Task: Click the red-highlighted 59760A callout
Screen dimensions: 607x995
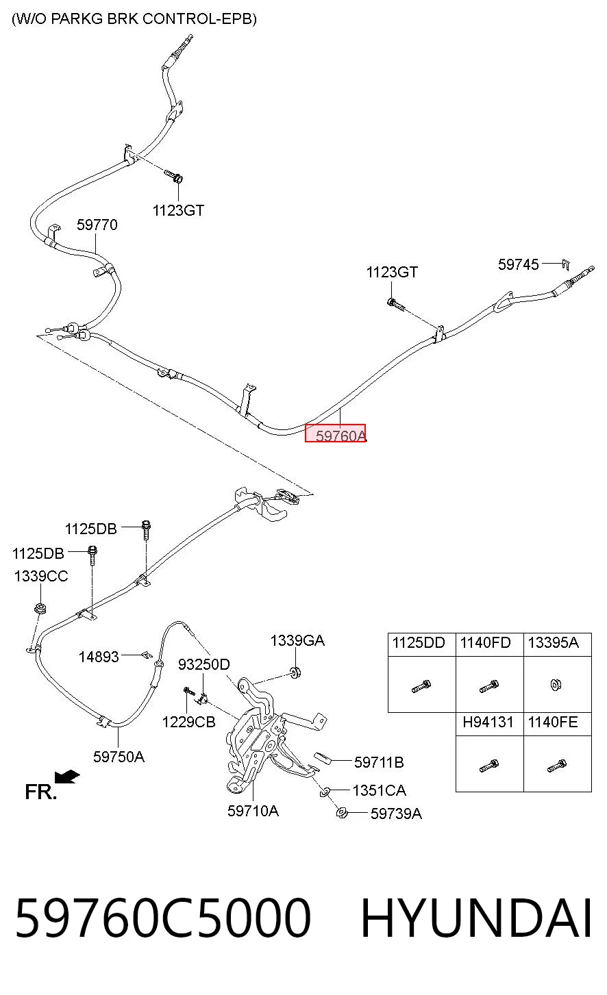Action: [x=336, y=433]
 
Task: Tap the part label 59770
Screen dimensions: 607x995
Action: [x=97, y=225]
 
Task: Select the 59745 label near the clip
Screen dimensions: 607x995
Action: [x=518, y=265]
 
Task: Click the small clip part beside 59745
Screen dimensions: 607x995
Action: [x=566, y=264]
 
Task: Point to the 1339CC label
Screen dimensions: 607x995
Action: [x=41, y=576]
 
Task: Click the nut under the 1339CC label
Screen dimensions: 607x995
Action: [x=41, y=608]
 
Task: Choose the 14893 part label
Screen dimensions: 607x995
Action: [x=99, y=657]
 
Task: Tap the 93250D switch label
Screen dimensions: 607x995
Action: [x=204, y=664]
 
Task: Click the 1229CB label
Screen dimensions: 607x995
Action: [x=188, y=722]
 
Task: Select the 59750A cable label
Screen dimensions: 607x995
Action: [x=119, y=757]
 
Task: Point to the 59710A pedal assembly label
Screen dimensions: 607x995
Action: [x=253, y=811]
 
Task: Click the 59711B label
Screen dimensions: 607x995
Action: [x=379, y=762]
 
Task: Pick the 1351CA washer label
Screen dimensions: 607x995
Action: [x=379, y=790]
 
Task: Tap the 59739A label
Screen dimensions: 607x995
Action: [x=396, y=814]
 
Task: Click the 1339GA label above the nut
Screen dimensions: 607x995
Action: [x=297, y=640]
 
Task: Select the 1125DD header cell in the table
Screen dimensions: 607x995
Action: [x=419, y=643]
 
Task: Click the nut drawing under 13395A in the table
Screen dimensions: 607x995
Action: [x=556, y=685]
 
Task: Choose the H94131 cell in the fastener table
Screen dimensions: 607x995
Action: [x=488, y=722]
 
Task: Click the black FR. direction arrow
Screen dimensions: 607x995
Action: [x=67, y=777]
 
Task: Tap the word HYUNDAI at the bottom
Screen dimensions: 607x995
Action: [x=476, y=917]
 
